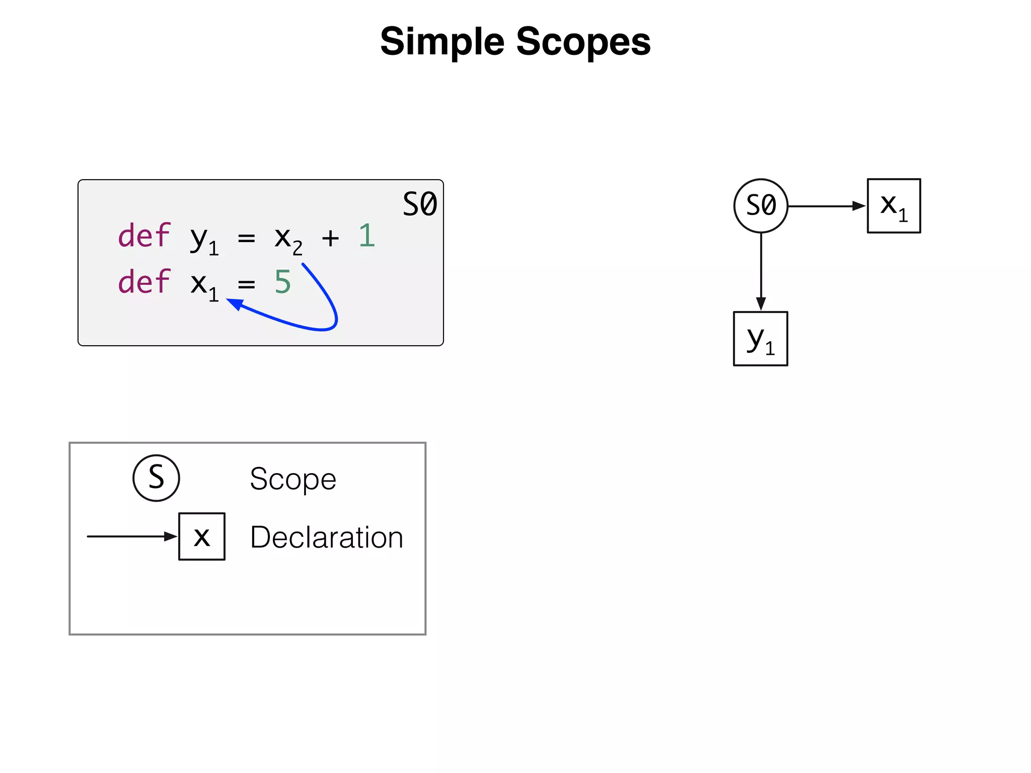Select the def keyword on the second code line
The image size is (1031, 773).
coord(144,282)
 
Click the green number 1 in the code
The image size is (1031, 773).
coord(367,236)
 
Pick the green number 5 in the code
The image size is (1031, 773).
coord(282,282)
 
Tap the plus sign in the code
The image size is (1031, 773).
coord(330,238)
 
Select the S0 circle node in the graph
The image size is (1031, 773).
coord(760,206)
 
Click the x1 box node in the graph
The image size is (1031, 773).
coord(894,206)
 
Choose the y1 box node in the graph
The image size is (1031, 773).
coord(760,339)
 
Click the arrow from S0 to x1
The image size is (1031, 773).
coord(826,206)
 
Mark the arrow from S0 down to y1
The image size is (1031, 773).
coord(761,272)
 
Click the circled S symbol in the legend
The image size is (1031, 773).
coord(156,478)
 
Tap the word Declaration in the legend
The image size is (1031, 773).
coord(326,537)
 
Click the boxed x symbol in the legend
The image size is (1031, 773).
coord(202,536)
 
